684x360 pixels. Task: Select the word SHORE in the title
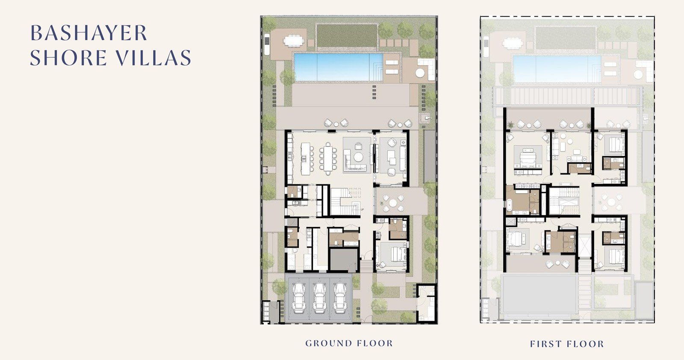coord(68,57)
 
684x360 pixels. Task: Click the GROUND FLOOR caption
coord(349,343)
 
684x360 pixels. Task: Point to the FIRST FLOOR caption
coord(567,344)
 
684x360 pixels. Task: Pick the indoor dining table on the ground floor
coord(328,159)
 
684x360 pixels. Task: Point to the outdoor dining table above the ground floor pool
coord(294,41)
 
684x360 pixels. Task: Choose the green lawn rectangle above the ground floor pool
coord(347,36)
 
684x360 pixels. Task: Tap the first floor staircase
coord(564,201)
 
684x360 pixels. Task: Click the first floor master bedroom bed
coord(528,158)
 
